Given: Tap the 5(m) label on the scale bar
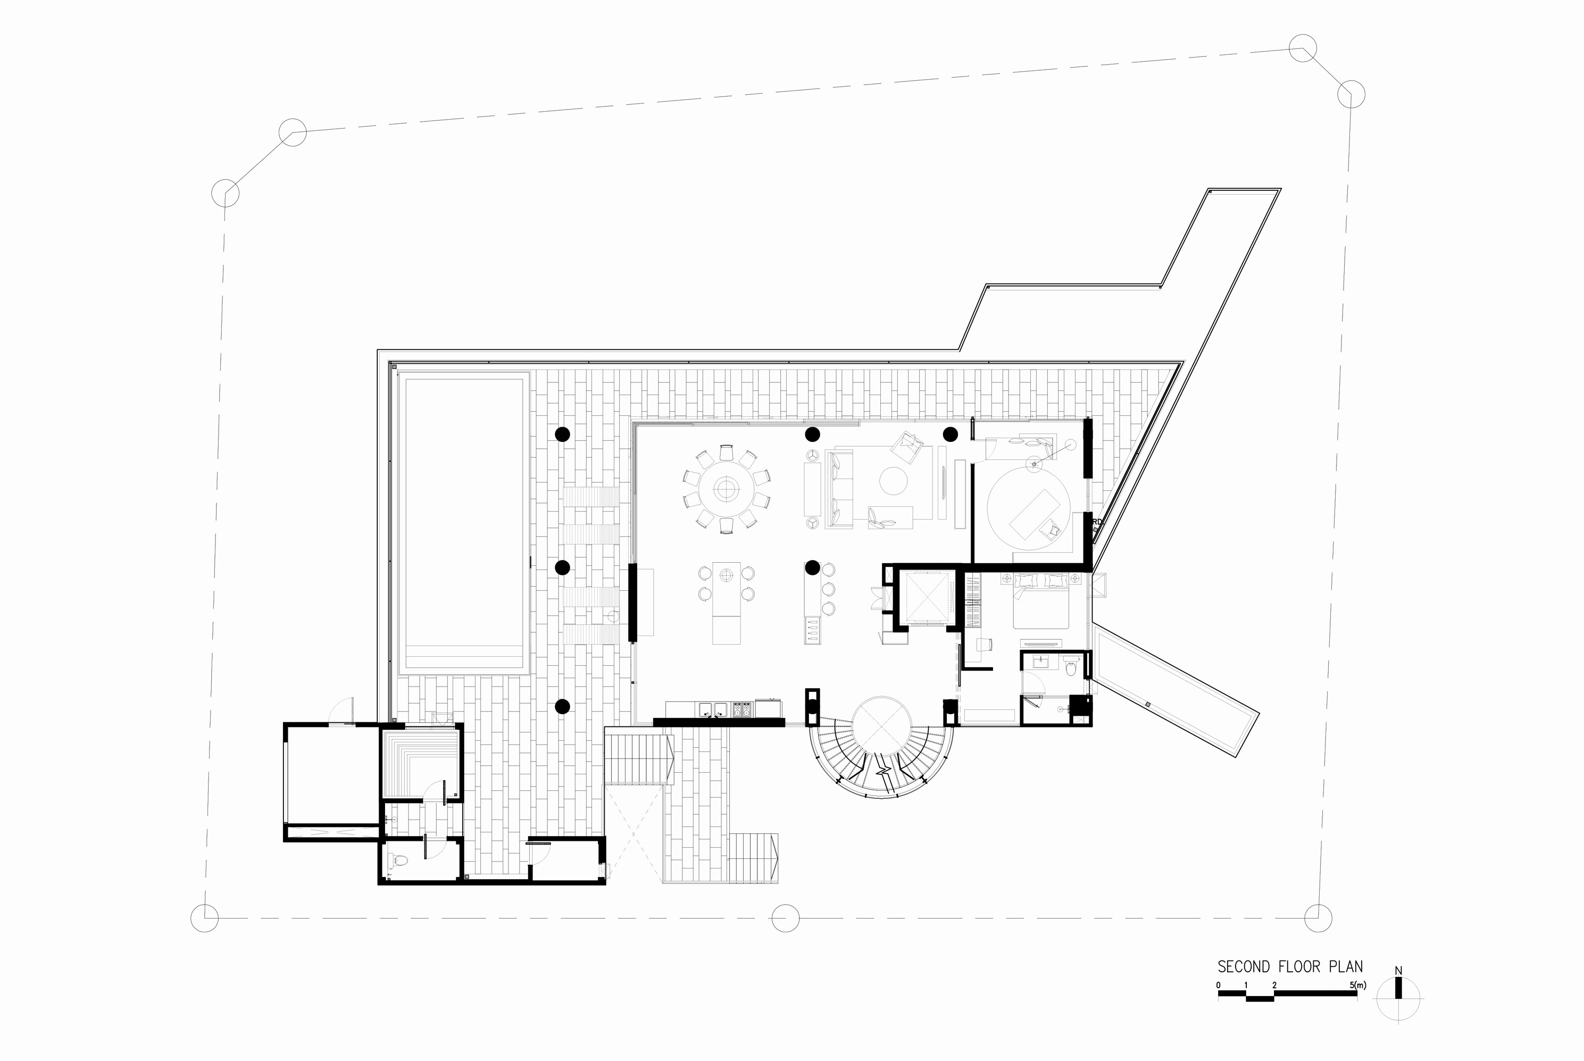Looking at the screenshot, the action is click(1357, 985).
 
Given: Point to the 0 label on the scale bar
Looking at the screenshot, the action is click(1219, 985).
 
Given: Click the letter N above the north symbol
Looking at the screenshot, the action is click(1398, 971).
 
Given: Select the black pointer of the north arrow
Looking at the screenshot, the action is click(1398, 988).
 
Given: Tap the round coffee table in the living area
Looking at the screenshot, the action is click(893, 481).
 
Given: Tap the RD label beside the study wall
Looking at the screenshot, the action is click(1097, 522).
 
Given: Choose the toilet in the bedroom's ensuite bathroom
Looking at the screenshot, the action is click(1070, 669).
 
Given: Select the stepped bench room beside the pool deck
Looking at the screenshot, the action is click(421, 762).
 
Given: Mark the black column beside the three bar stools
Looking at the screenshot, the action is click(813, 567).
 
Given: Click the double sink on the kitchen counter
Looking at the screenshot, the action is click(713, 709).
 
